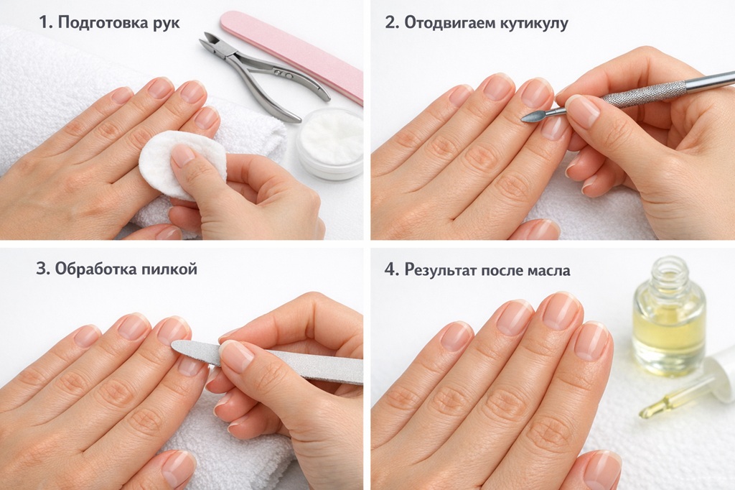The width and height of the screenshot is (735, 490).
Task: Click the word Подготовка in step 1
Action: click(100, 22)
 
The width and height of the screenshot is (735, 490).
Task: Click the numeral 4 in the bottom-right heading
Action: click(390, 270)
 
